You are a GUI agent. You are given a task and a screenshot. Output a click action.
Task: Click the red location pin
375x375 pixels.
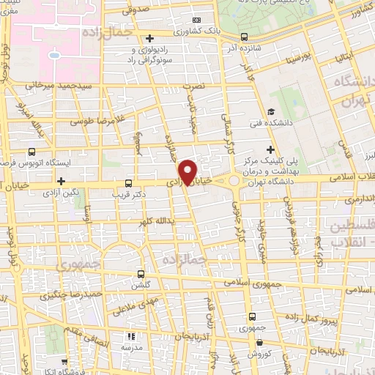click(189, 171)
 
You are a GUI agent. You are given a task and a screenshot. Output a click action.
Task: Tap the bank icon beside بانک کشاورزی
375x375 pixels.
click(195, 20)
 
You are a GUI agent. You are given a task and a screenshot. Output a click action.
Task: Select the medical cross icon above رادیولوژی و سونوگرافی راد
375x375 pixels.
click(149, 38)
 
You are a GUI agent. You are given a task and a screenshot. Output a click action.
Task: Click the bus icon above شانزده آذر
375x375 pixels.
click(244, 36)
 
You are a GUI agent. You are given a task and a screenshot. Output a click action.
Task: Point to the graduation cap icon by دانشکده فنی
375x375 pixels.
click(271, 111)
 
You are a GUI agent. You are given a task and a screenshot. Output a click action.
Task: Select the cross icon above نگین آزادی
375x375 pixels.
click(61, 180)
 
